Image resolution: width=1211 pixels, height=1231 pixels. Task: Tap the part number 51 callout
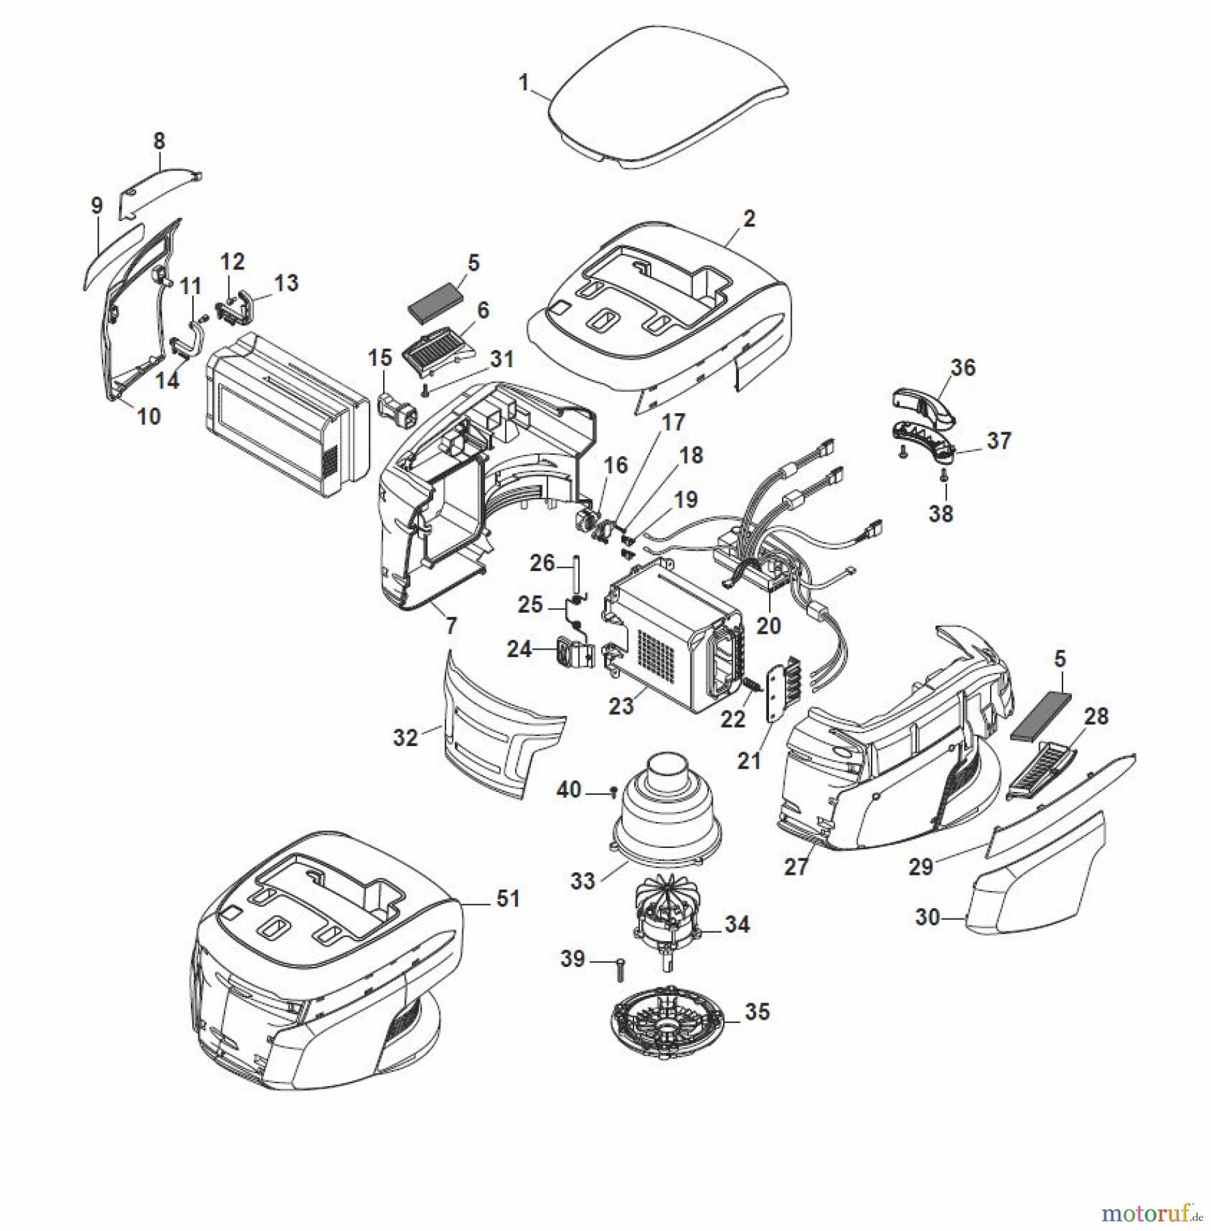(508, 898)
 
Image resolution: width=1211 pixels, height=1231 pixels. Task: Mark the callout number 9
(96, 205)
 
